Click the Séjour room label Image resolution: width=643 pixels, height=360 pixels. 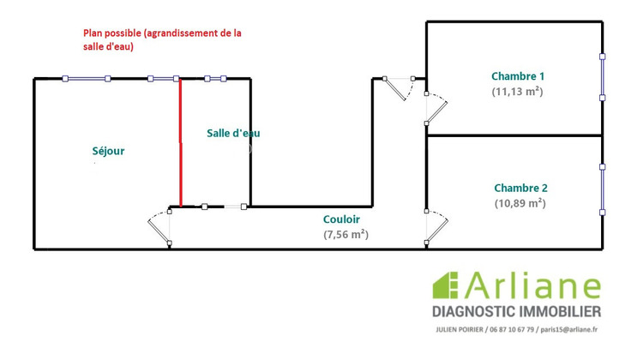click(x=109, y=151)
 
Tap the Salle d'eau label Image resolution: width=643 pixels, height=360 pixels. click(x=234, y=133)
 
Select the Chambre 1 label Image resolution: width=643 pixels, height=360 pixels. click(x=518, y=75)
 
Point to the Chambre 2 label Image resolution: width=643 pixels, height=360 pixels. click(x=520, y=188)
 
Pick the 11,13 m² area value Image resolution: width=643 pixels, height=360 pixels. click(x=518, y=92)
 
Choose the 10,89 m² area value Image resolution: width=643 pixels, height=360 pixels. click(x=520, y=204)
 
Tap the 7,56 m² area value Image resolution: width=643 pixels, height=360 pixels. click(x=346, y=234)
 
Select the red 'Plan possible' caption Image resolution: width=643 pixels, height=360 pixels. click(x=162, y=40)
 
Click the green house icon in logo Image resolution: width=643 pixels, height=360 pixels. click(x=447, y=285)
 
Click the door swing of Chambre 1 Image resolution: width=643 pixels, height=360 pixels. click(x=436, y=106)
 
